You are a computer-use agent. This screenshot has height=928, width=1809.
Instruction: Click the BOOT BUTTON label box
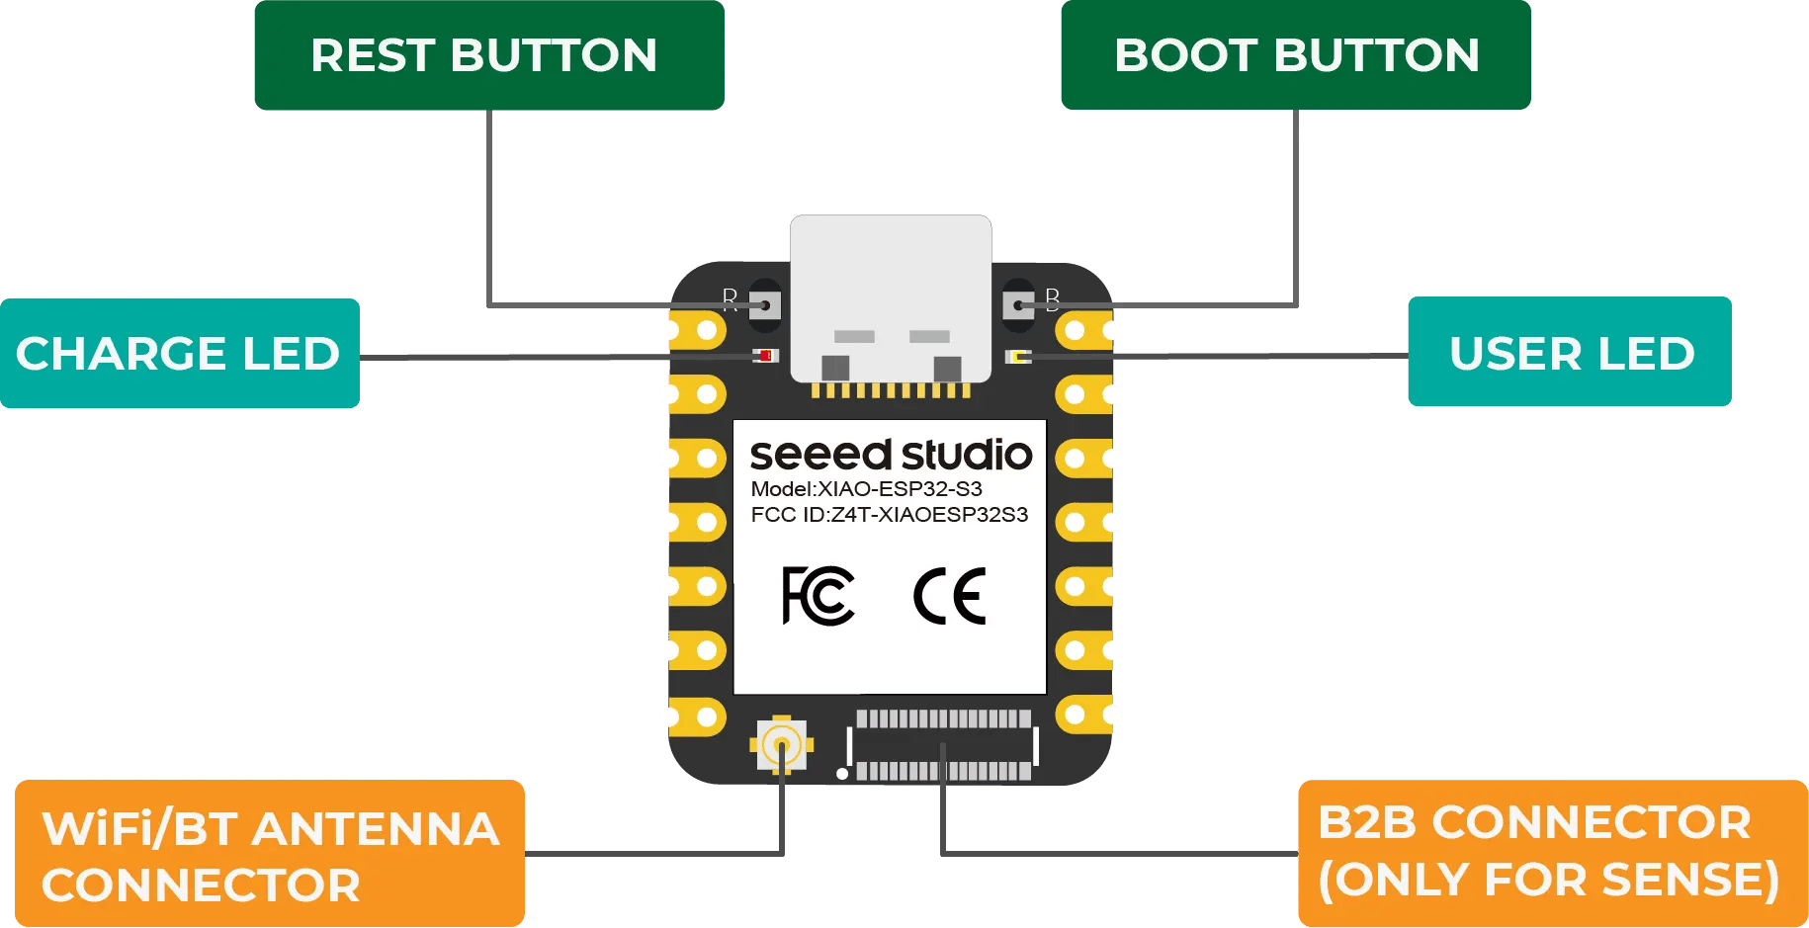(x=1295, y=55)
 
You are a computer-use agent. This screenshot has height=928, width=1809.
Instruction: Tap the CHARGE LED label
(x=179, y=353)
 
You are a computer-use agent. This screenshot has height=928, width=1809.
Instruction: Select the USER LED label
(x=1570, y=353)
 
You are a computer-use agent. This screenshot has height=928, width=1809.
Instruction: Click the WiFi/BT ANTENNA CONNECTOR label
(x=269, y=855)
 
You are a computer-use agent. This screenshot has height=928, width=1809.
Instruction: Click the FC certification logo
(x=818, y=596)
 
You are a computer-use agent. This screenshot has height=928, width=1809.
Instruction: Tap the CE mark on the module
(x=949, y=596)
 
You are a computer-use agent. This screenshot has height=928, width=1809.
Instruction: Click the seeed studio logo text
(x=890, y=455)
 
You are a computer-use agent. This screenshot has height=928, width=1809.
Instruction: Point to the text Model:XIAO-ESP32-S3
(x=866, y=489)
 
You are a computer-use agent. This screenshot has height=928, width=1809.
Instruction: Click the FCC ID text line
(x=889, y=515)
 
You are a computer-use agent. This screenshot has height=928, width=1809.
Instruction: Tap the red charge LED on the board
(x=765, y=356)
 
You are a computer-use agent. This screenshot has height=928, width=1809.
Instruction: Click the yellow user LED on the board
(x=1018, y=356)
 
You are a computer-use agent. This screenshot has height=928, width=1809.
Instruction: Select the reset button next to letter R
(x=764, y=304)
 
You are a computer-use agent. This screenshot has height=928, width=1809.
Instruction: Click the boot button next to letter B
(x=1018, y=304)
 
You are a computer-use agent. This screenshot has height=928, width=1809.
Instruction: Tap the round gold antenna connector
(x=782, y=744)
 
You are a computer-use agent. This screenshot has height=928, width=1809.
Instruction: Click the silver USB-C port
(x=890, y=296)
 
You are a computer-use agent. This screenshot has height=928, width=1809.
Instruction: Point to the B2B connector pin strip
(x=943, y=745)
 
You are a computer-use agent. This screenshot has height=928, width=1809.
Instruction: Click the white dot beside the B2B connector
(x=842, y=774)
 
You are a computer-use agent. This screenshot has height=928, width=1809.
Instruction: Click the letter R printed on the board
(x=730, y=298)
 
